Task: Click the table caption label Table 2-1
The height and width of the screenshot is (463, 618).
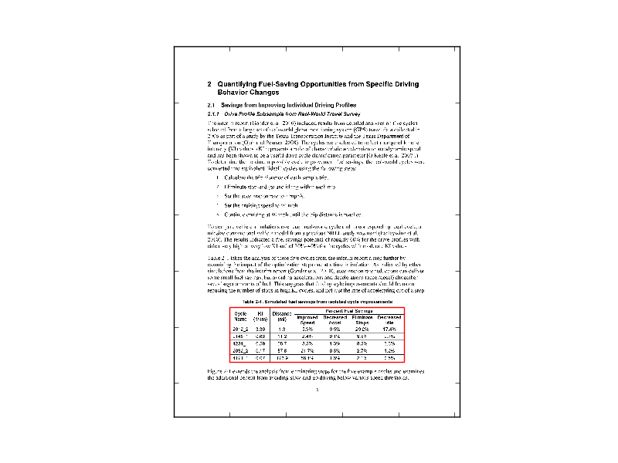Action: tap(254, 301)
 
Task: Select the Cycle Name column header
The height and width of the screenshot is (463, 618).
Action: tap(240, 316)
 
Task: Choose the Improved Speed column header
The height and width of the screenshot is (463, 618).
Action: tap(307, 319)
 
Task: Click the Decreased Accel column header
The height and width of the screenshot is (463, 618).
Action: tap(334, 319)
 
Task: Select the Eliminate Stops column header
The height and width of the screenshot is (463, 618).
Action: tap(362, 319)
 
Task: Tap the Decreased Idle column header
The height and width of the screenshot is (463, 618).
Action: tap(390, 319)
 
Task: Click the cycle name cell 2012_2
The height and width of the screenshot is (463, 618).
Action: tap(240, 330)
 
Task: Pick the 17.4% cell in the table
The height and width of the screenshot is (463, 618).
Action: tap(390, 330)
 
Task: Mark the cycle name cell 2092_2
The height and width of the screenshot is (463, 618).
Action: tap(240, 351)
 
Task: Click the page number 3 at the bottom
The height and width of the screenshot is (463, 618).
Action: tap(317, 390)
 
